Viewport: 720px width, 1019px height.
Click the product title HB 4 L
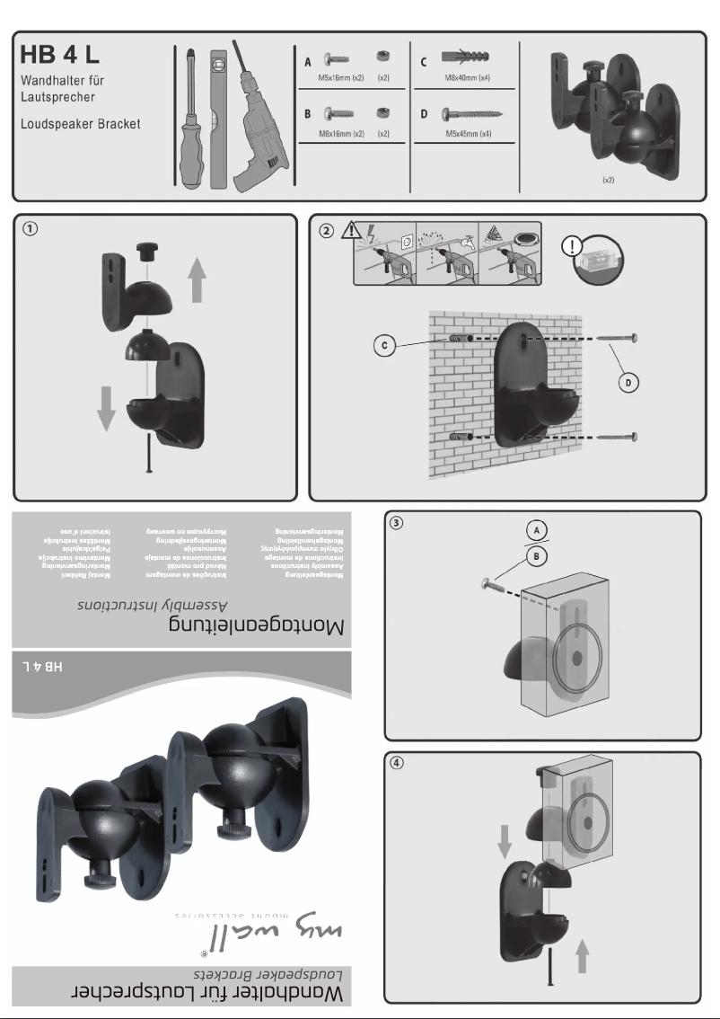tap(62, 56)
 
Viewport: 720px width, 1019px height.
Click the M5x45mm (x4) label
tap(468, 133)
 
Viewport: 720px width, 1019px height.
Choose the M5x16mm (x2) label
tap(341, 78)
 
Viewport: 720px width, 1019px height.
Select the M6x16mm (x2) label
tap(341, 133)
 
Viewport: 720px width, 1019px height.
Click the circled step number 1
tap(31, 228)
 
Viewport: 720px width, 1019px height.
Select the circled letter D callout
tap(632, 383)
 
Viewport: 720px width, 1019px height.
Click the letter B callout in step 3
tap(537, 556)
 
